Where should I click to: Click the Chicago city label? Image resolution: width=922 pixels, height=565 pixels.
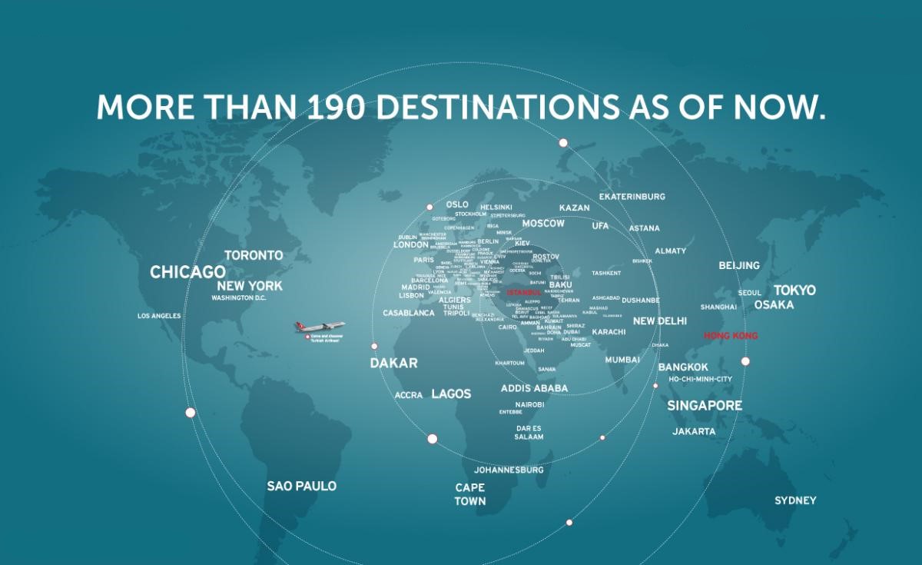point(187,272)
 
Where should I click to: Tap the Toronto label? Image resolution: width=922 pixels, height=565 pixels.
point(254,255)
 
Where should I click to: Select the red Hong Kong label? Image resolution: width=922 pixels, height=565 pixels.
point(730,336)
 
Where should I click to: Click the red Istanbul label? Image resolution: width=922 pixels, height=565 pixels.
point(525,293)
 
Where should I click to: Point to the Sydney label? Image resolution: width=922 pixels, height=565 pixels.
point(795,500)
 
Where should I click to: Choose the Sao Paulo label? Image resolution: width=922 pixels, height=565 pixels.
point(301,486)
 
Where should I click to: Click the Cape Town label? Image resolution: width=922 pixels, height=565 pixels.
point(469,494)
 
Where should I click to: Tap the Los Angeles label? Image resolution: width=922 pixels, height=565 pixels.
point(159,316)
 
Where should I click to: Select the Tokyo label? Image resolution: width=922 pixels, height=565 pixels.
point(794,291)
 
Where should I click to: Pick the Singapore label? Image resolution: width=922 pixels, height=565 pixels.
point(704,405)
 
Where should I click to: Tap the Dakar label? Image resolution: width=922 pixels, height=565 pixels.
point(393,364)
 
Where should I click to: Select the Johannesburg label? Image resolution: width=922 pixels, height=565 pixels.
point(509,469)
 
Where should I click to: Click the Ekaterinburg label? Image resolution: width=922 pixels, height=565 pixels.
point(632,197)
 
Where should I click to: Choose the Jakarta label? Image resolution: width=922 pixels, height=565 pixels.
point(694,431)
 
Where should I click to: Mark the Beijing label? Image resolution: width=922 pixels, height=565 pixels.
point(738,265)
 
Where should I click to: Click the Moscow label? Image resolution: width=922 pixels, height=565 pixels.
point(543,224)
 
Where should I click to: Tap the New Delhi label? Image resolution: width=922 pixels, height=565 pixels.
point(659,321)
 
